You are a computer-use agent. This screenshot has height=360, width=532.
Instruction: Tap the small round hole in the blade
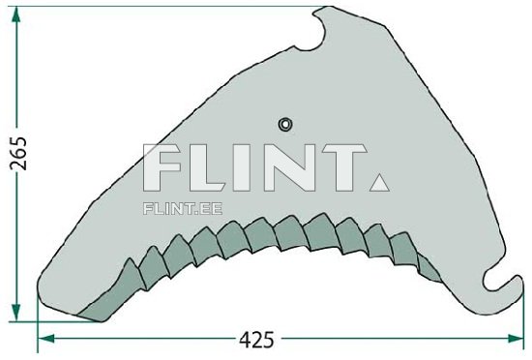285,123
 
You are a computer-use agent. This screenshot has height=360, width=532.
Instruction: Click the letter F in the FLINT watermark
163,168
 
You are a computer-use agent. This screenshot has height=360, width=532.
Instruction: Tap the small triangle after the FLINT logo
378,181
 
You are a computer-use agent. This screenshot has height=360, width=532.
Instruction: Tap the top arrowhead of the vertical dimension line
17,12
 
